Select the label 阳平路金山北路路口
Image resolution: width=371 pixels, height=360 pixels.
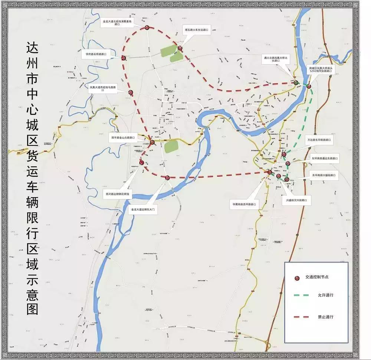(123, 137)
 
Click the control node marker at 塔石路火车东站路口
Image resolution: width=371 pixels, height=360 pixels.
(180, 48)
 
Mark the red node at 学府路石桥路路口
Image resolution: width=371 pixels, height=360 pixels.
(124, 58)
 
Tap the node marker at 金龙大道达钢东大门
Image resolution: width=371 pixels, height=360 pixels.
(167, 178)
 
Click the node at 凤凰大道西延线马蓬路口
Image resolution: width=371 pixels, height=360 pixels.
(131, 92)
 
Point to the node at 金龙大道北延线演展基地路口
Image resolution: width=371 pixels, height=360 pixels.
(147, 27)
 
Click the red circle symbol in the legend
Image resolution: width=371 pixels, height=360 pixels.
(297, 277)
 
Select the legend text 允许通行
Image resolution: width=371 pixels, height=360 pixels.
(325, 295)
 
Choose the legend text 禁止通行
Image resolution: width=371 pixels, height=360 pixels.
(325, 317)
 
